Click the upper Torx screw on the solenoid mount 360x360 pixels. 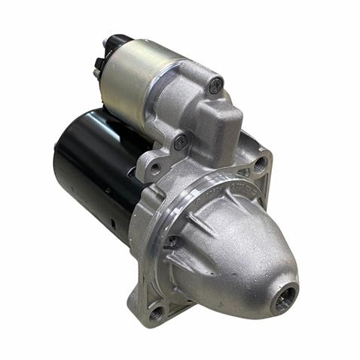[216, 86]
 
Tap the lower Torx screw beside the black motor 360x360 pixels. [180, 141]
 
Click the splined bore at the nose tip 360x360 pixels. [285, 298]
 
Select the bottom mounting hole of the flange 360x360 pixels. [157, 311]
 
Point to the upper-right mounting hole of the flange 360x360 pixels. [259, 162]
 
